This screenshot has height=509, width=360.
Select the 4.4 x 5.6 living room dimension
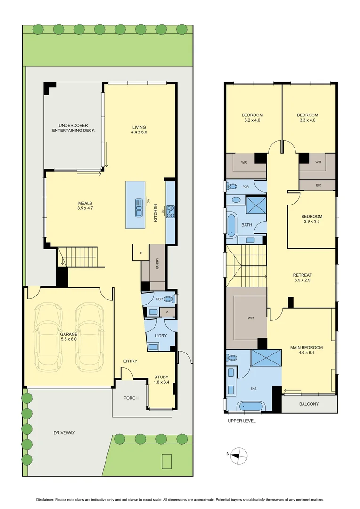[x=139, y=133]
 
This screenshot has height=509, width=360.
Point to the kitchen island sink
[x=139, y=208]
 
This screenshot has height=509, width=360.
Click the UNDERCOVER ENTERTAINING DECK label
[x=73, y=128]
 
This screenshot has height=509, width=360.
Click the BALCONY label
[x=309, y=404]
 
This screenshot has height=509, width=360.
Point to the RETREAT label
[x=302, y=275]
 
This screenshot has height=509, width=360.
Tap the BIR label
[x=318, y=185]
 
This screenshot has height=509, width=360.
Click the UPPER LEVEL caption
[x=241, y=421]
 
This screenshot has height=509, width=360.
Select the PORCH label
[x=131, y=398]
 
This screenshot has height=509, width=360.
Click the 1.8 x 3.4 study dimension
[x=161, y=382]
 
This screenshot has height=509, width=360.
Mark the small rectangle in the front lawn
[x=166, y=461]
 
